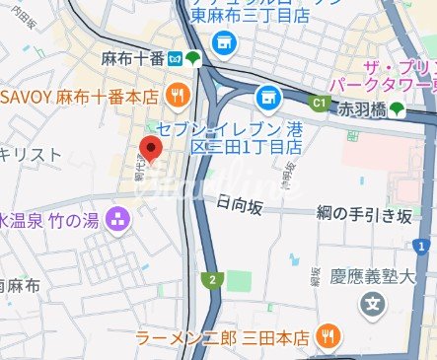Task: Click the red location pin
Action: click(150, 148)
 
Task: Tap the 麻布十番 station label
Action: click(132, 58)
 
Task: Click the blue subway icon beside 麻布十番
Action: click(174, 58)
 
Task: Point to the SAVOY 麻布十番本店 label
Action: click(79, 96)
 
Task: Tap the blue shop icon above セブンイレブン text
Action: click(264, 97)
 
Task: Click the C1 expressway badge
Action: click(319, 101)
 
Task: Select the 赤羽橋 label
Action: click(361, 108)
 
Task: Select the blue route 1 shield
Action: click(423, 245)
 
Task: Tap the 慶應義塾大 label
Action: click(384, 275)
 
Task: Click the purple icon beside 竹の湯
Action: click(119, 218)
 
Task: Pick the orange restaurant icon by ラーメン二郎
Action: click(329, 337)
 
